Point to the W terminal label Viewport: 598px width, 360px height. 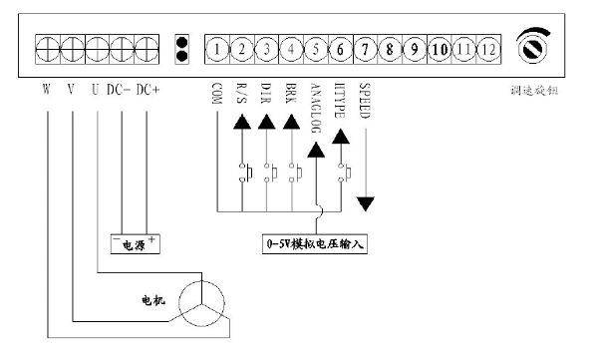tap(46, 90)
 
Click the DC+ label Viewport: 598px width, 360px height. tap(148, 90)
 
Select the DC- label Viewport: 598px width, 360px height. tap(120, 90)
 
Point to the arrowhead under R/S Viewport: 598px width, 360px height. tap(242, 123)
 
